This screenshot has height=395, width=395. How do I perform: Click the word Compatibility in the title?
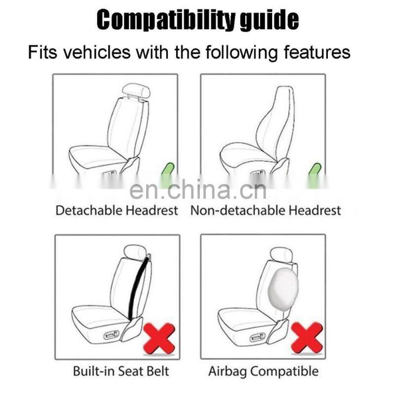tap(166, 20)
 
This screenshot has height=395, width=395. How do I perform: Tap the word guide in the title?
tap(269, 20)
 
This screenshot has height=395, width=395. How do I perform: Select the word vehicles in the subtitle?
tap(97, 52)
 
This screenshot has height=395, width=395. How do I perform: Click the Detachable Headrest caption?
tap(117, 210)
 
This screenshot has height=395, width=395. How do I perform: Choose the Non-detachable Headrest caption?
tap(266, 210)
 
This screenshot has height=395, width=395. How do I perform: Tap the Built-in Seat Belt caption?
tap(121, 371)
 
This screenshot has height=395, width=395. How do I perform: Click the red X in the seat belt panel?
tap(159, 338)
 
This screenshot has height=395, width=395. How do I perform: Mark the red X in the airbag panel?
tap(307, 337)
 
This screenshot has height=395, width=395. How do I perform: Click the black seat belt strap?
tap(139, 287)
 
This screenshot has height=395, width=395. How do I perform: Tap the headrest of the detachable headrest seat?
tap(136, 91)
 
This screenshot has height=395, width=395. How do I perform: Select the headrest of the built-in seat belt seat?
tap(135, 252)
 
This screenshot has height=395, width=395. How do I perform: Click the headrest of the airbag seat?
tap(281, 254)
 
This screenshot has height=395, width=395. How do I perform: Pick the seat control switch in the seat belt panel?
tap(111, 336)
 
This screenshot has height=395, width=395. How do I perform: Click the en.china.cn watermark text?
tap(198, 190)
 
